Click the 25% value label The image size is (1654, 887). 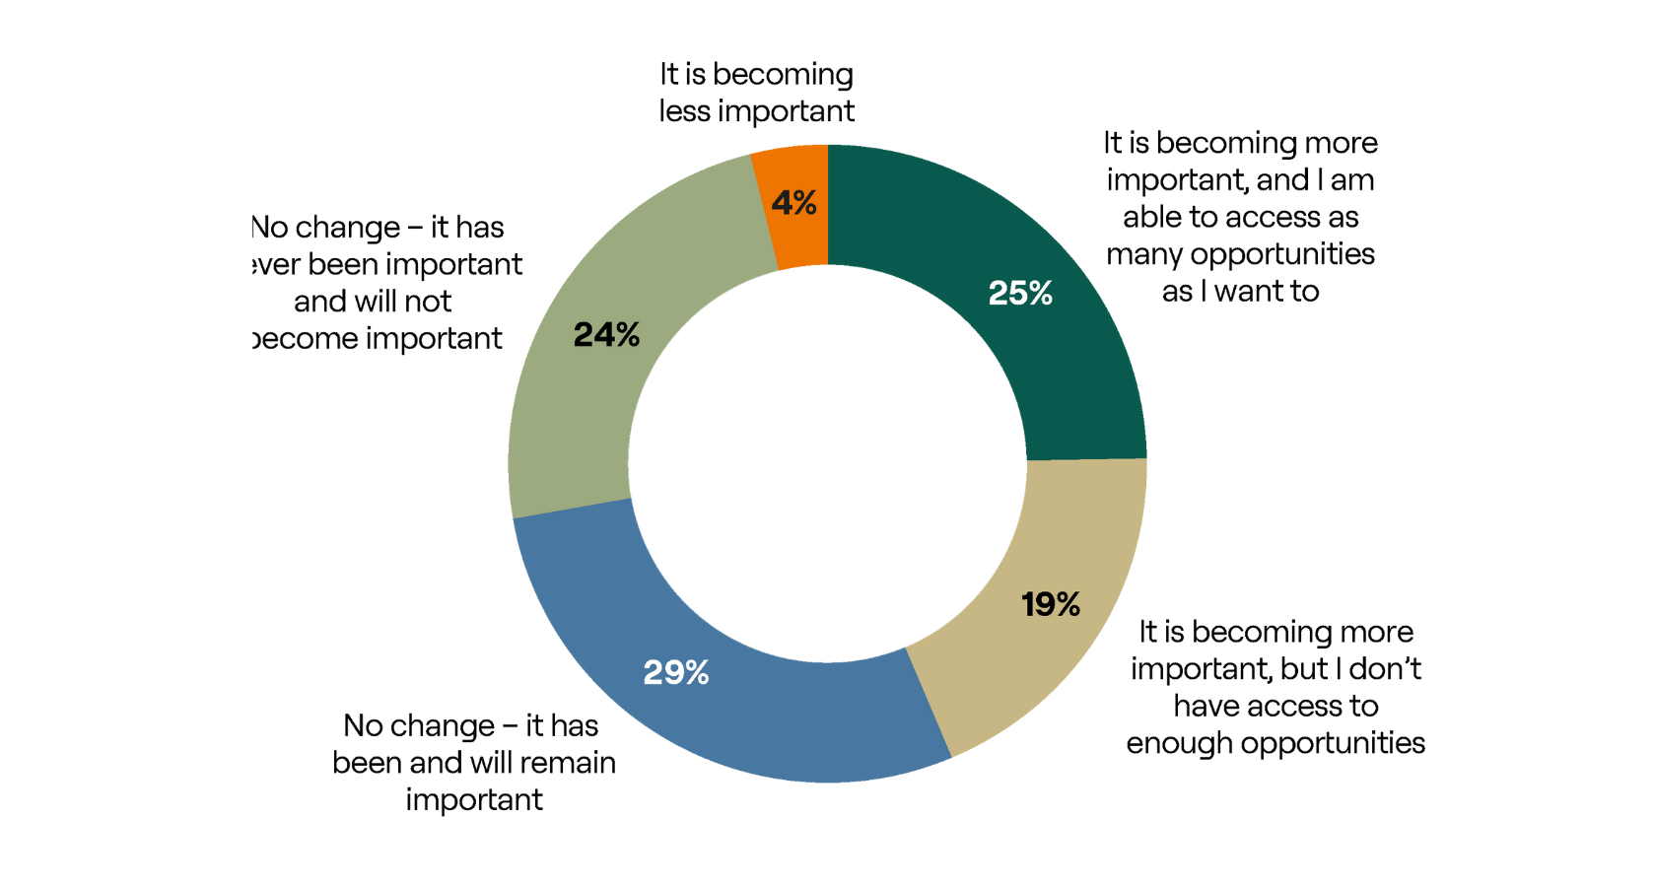tap(1020, 294)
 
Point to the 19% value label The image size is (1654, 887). tap(1050, 604)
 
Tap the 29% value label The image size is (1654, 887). tap(676, 673)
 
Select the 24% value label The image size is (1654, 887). tap(606, 335)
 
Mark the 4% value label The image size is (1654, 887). tap(793, 203)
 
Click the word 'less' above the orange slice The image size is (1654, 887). tap(684, 111)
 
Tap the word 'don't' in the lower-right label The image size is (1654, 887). tap(1385, 669)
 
